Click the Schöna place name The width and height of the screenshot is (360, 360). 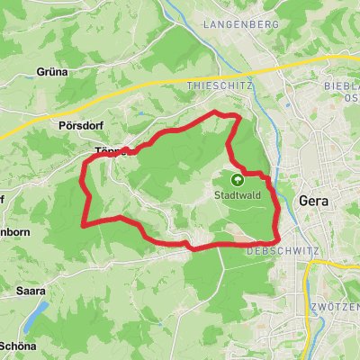coord(18,346)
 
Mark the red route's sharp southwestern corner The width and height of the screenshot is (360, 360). coord(84,224)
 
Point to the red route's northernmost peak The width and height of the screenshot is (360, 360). coord(215,112)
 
